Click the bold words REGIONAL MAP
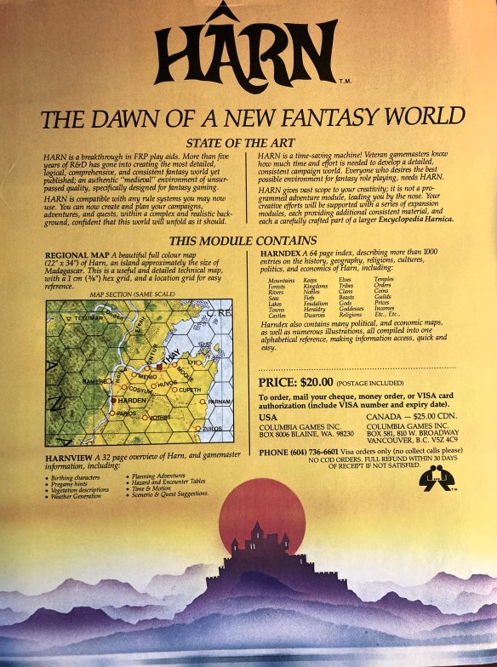pyautogui.click(x=74, y=255)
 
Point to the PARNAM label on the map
pyautogui.click(x=220, y=400)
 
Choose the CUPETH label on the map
pyautogui.click(x=190, y=389)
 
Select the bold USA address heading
pyautogui.click(x=267, y=418)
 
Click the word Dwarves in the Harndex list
pyautogui.click(x=316, y=315)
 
